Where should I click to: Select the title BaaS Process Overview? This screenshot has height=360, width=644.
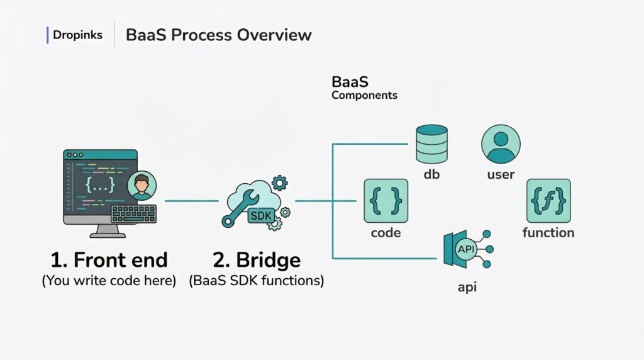[218, 35]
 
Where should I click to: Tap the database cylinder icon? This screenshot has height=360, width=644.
[432, 143]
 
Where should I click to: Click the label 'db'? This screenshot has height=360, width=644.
[432, 174]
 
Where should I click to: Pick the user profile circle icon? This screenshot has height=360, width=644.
[501, 143]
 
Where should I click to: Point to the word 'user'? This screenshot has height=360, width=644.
[501, 174]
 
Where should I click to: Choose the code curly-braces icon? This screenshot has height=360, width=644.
[386, 201]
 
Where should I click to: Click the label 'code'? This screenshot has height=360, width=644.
[386, 233]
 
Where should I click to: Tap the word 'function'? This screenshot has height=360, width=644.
[548, 233]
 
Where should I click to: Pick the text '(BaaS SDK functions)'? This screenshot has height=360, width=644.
[257, 281]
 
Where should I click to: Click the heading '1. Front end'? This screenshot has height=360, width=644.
[109, 260]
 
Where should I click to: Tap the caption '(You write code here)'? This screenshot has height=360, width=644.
[109, 281]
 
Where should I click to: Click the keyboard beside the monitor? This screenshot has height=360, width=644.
[133, 214]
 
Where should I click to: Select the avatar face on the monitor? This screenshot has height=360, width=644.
[142, 186]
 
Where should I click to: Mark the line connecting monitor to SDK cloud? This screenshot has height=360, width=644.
[192, 201]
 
